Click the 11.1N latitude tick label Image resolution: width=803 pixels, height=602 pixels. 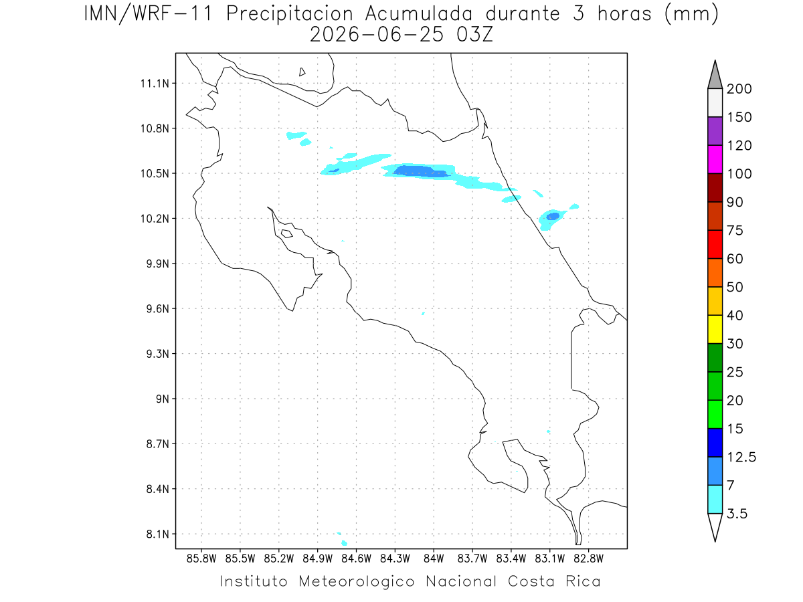(155, 84)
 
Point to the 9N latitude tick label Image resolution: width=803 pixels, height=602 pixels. (162, 399)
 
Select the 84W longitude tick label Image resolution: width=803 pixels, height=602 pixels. (434, 559)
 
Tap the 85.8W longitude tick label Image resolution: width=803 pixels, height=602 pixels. (201, 559)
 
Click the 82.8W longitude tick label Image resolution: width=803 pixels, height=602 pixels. (588, 559)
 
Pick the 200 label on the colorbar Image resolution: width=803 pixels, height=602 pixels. (739, 89)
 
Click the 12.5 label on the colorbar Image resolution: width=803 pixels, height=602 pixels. (741, 458)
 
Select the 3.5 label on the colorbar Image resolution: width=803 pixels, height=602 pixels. (737, 514)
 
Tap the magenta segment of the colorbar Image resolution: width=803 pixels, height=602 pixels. (715, 159)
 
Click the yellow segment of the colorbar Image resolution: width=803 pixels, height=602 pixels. (715, 329)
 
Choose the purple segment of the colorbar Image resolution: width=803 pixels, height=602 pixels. (715, 131)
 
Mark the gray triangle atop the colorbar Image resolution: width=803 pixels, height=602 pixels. (715, 75)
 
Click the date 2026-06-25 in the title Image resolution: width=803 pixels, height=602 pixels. (377, 35)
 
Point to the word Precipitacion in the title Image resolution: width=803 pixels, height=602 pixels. (290, 14)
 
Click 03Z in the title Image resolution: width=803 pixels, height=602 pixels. (474, 35)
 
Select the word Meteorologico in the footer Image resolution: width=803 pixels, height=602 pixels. (356, 581)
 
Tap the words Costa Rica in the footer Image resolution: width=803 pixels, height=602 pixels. (554, 581)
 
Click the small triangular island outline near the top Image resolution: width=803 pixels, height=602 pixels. (302, 72)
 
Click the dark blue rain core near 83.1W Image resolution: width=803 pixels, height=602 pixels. (553, 216)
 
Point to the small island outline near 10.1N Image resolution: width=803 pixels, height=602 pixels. (287, 233)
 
